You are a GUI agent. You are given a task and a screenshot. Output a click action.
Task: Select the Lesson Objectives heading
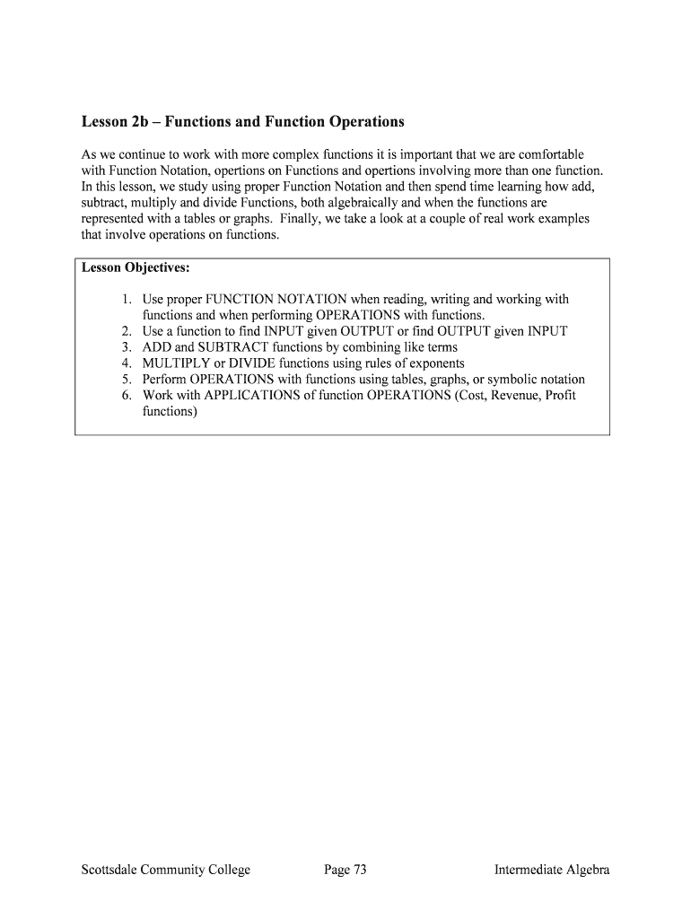pyautogui.click(x=136, y=267)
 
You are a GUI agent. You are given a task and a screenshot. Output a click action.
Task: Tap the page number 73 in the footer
pyautogui.click(x=345, y=870)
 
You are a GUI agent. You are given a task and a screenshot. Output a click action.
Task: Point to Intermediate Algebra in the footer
pyautogui.click(x=552, y=870)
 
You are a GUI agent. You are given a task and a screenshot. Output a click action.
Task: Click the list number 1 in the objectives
pyautogui.click(x=127, y=299)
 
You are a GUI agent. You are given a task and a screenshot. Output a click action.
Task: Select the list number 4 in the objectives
pyautogui.click(x=127, y=363)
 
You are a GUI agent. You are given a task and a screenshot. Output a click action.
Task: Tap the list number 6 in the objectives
pyautogui.click(x=127, y=395)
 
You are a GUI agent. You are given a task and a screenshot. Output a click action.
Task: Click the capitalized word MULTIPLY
pyautogui.click(x=177, y=363)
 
